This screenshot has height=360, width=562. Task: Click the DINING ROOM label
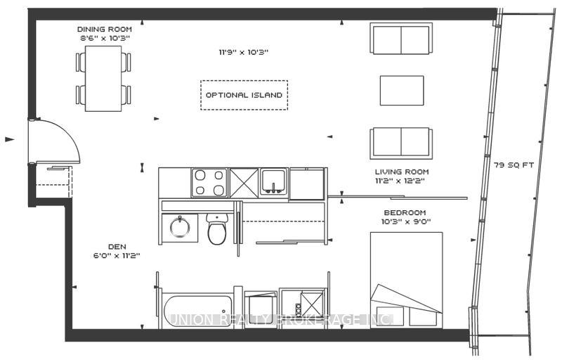[x=105, y=29]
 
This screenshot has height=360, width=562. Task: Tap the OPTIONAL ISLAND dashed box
[x=244, y=95]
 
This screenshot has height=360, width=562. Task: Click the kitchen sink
[x=273, y=182]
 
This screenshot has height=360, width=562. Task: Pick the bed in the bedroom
[x=406, y=279]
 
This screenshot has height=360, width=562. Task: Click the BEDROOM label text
[x=406, y=212]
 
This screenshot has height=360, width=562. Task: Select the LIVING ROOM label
[x=401, y=172]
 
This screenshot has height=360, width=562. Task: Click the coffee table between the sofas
[x=402, y=89]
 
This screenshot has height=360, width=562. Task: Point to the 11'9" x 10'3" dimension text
[x=244, y=52]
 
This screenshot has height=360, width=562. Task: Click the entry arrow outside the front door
[x=9, y=139]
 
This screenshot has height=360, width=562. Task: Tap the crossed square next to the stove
[x=244, y=182]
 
